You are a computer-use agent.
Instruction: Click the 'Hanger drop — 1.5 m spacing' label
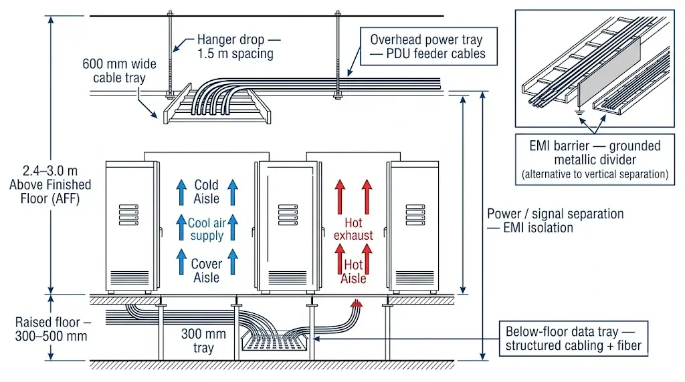coord(235,47)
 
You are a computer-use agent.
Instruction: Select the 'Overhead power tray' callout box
coord(428,47)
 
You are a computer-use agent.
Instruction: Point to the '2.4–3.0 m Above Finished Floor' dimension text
coord(50,184)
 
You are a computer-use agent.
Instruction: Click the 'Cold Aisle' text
coord(206,192)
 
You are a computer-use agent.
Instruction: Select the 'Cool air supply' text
coord(206,230)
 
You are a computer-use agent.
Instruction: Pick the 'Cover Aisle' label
coord(206,270)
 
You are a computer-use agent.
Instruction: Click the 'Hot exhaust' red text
coord(353,229)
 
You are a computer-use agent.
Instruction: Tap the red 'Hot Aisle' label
coord(353,272)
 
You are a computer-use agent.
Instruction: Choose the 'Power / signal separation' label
coord(555,220)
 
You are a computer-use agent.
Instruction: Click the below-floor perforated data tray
coord(274,345)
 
